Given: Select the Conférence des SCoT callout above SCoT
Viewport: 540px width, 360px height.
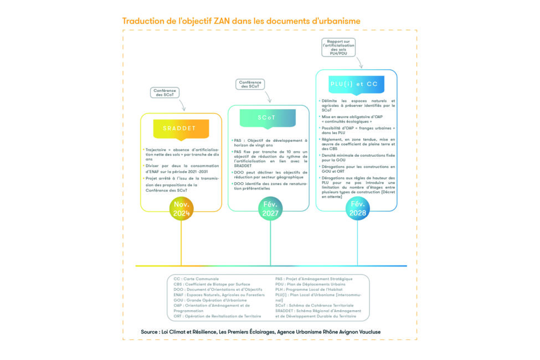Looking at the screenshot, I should pyautogui.click(x=251, y=84).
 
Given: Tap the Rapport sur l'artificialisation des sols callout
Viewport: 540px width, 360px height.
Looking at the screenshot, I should pyautogui.click(x=339, y=46).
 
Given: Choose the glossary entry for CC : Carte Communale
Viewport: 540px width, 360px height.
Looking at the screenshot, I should pyautogui.click(x=196, y=279).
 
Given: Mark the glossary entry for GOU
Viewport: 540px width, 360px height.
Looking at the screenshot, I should pyautogui.click(x=210, y=300).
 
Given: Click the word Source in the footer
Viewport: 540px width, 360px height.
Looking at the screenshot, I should pyautogui.click(x=151, y=331).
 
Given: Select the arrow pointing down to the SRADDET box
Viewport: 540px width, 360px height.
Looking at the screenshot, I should pyautogui.click(x=181, y=104).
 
